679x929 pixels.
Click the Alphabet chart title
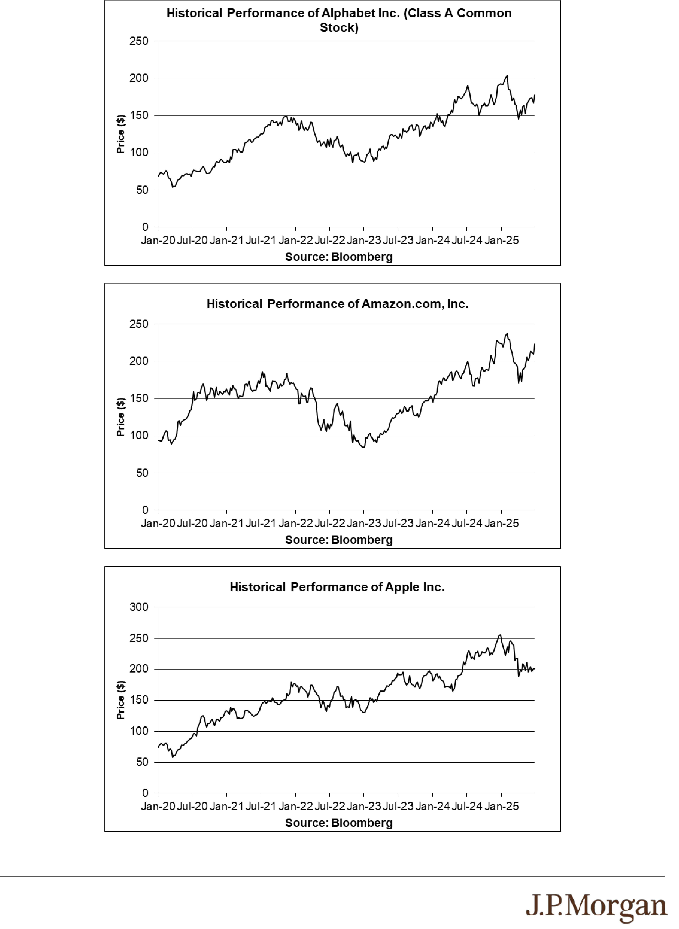point(339,21)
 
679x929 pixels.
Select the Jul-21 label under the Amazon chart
point(261,523)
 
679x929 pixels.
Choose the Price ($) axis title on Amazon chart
point(120,417)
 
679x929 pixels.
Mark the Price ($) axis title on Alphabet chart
point(120,134)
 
